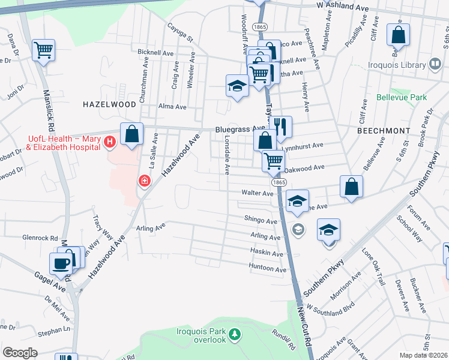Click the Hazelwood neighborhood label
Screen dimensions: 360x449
(x=110, y=104)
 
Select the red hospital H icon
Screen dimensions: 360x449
(x=109, y=142)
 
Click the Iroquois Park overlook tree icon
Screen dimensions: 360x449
(x=237, y=334)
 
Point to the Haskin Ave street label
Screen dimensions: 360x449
(x=267, y=254)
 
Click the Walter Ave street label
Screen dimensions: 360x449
(x=258, y=193)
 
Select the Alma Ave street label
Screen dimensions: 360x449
(x=172, y=107)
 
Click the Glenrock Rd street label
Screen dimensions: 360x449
(x=41, y=238)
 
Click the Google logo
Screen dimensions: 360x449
(x=20, y=353)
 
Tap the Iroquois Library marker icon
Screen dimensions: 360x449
(x=435, y=63)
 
